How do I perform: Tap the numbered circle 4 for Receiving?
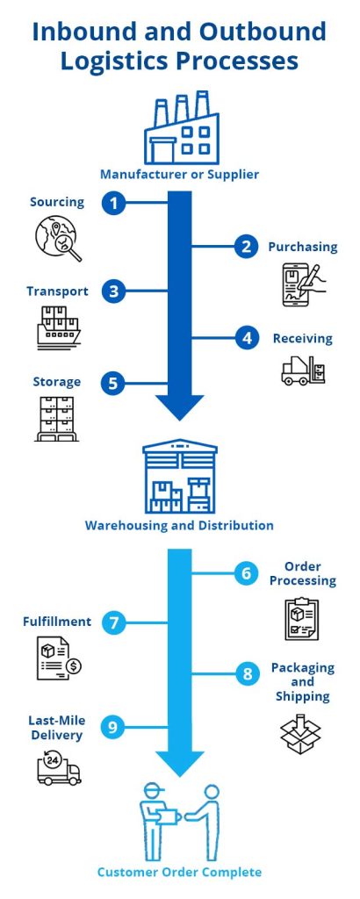coord(248,337)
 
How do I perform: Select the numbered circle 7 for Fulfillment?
coord(113,622)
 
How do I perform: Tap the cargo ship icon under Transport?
coord(58,327)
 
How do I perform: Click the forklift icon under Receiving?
coord(303,370)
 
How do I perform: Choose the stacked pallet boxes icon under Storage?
coord(58,419)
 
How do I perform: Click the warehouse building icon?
coord(179,478)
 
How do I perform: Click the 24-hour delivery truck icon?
coord(58,768)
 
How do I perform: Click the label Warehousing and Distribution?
coord(179,526)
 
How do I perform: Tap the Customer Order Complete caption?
coord(179,873)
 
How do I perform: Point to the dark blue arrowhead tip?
coord(179,420)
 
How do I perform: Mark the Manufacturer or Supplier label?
coord(179,174)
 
